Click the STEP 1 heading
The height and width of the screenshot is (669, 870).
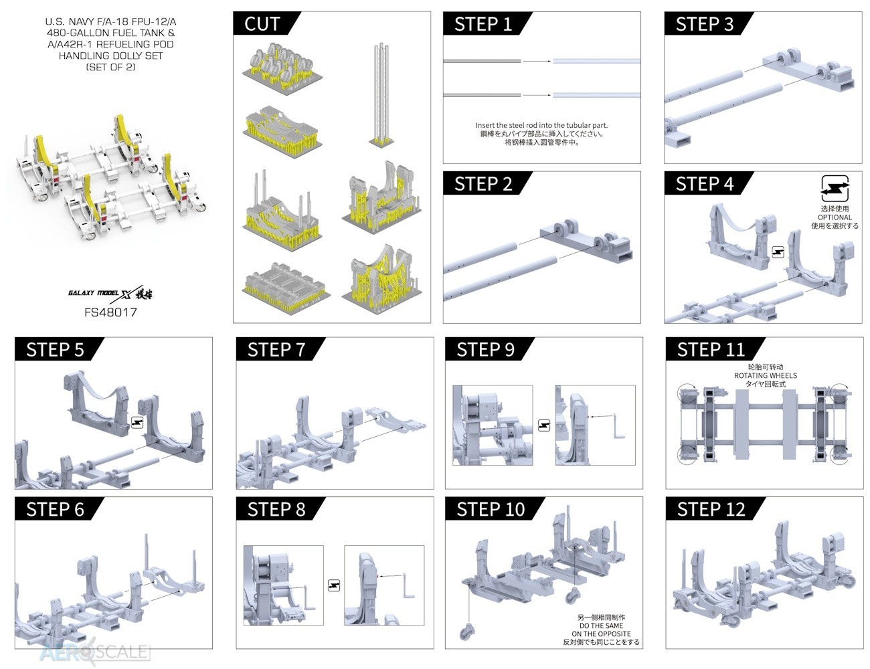483,23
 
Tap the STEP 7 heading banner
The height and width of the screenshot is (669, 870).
276,350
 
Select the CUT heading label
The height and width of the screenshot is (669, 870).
262,23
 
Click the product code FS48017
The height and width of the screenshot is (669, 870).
110,312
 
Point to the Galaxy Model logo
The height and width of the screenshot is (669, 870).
110,293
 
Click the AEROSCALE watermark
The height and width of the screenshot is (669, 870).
95,652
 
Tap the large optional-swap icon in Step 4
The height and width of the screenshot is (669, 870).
835,189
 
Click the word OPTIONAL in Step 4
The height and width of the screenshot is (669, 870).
835,217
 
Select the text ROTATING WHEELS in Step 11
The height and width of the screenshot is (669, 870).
765,376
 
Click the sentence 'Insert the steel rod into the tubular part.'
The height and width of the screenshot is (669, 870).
541,125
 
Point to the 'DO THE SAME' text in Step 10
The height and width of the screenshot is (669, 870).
601,626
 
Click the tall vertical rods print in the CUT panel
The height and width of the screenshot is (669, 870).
381,94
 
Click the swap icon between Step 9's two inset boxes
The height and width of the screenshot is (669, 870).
543,425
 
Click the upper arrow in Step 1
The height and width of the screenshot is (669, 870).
537,62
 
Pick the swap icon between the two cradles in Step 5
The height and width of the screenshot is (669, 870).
137,422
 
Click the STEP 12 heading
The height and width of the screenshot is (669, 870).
711,509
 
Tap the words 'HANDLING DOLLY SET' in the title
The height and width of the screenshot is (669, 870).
110,56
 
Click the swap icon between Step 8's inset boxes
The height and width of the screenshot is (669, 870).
333,585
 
